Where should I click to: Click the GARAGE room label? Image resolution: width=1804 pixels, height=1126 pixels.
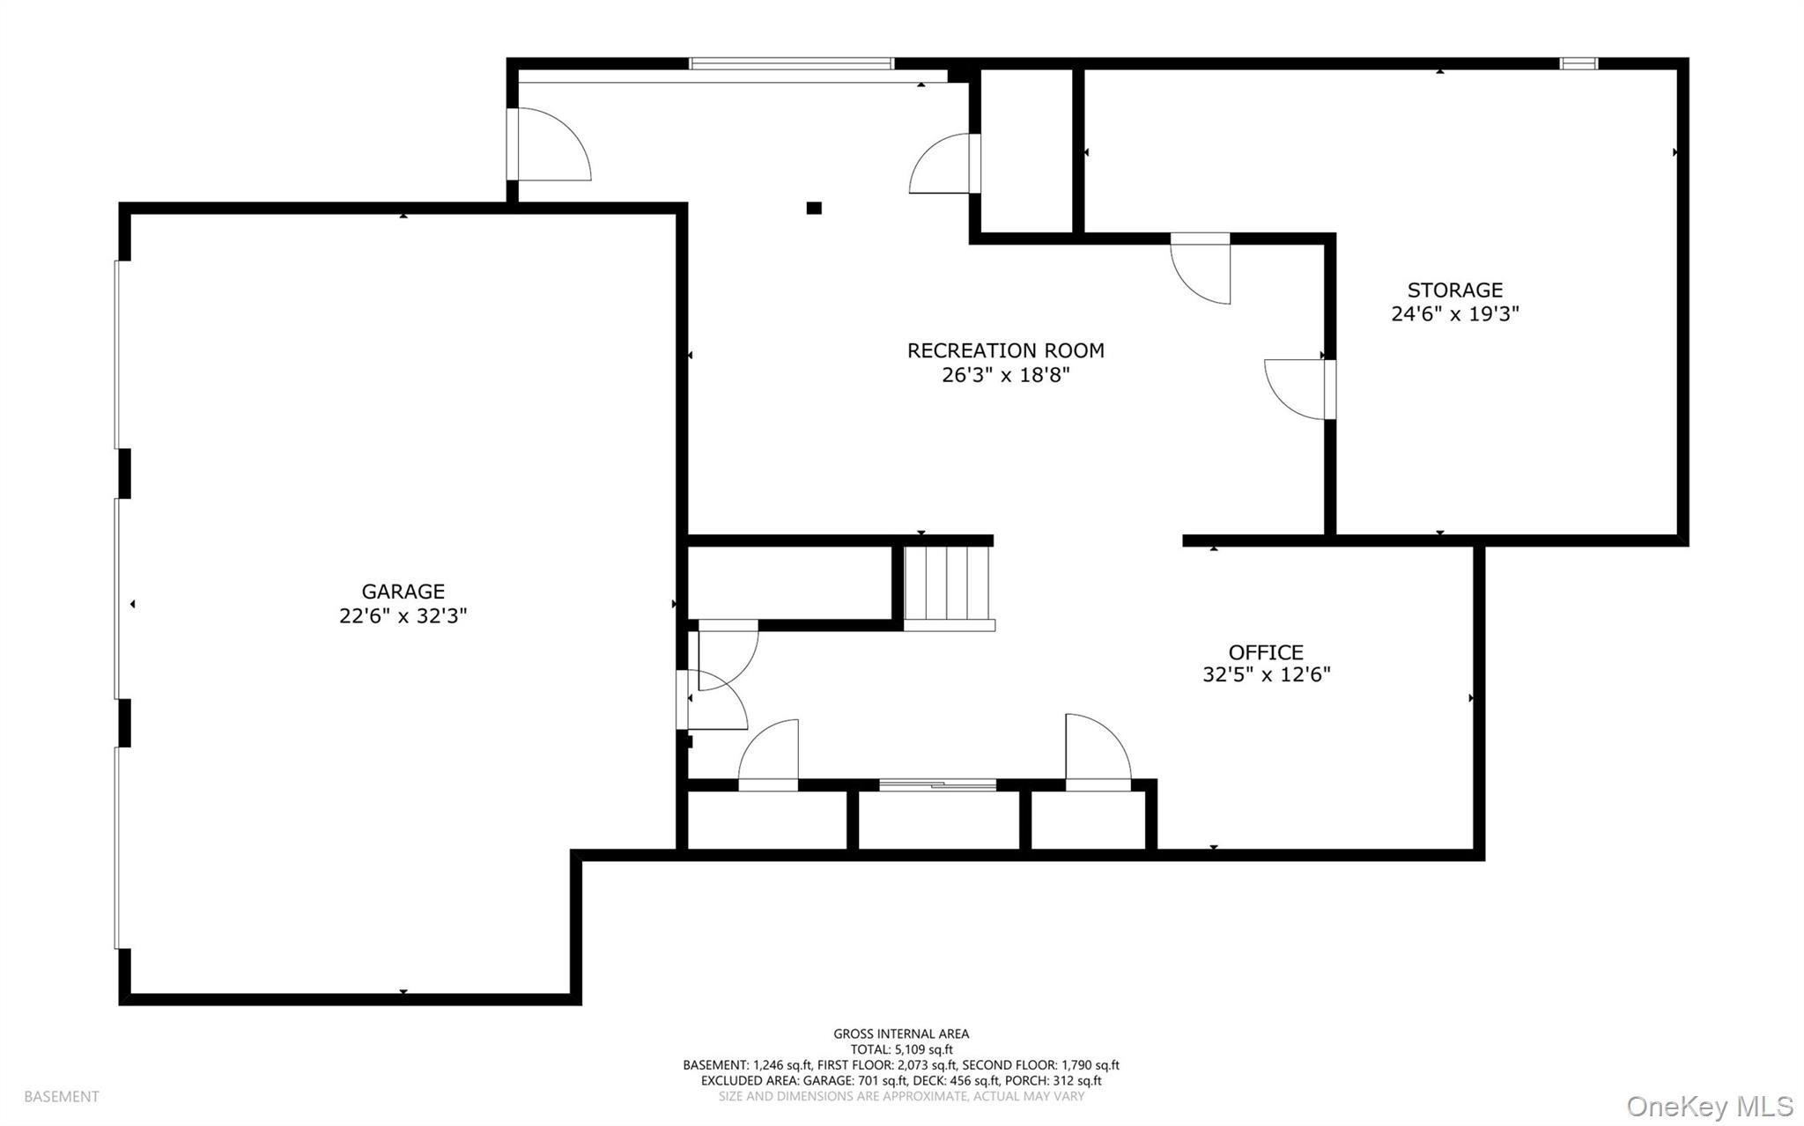(403, 592)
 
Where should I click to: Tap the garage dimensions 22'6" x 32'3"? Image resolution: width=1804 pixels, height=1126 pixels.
(403, 615)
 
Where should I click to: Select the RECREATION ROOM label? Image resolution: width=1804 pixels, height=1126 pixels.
(1005, 350)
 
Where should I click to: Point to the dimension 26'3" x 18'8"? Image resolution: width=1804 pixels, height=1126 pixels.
(1005, 375)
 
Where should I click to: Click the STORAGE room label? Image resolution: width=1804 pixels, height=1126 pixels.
(1454, 290)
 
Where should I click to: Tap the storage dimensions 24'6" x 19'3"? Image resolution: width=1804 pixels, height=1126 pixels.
(1454, 313)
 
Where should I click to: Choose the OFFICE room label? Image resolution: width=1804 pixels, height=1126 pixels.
(1265, 652)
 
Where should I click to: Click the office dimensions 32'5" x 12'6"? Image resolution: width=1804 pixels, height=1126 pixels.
(1265, 675)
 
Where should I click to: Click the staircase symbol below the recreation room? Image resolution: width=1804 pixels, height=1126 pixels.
(948, 585)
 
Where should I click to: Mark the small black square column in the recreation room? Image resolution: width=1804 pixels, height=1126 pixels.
(814, 209)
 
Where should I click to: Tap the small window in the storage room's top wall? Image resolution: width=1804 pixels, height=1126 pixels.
(1578, 63)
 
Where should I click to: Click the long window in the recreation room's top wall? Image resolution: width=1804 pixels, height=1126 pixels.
(791, 63)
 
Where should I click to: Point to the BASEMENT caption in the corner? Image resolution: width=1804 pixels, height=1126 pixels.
(62, 1097)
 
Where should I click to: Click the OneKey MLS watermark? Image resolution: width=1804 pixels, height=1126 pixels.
(1709, 1105)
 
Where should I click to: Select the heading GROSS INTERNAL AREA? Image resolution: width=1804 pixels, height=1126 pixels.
(901, 1034)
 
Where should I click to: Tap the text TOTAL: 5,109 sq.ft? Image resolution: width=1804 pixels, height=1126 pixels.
(901, 1049)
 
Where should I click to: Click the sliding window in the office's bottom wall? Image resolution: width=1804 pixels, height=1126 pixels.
(937, 784)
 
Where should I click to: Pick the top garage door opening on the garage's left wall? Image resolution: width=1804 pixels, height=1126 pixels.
(117, 355)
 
